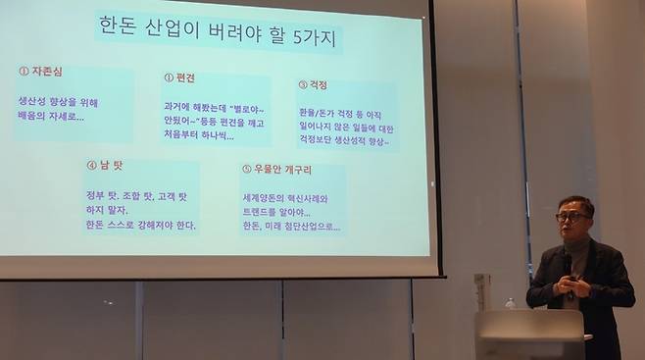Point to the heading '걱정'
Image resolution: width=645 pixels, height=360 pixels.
click(316, 85)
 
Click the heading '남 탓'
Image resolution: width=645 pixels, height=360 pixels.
click(108, 165)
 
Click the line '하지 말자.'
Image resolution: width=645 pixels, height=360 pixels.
click(107, 209)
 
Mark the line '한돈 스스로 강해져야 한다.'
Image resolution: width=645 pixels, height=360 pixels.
click(140, 225)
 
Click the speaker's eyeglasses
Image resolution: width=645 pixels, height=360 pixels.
click(571, 216)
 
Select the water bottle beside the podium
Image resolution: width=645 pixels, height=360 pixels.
click(510, 303)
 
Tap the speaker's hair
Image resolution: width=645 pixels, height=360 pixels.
click(576, 202)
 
